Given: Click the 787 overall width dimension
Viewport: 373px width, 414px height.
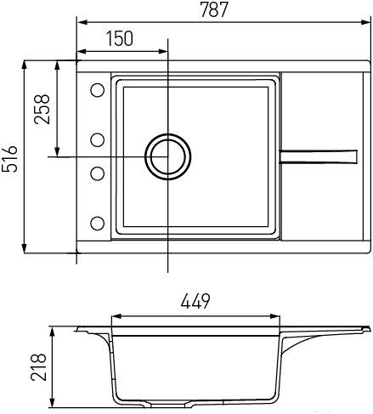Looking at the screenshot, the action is pyautogui.click(x=214, y=9).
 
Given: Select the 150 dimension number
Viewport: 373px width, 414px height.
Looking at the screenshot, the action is pyautogui.click(x=120, y=38).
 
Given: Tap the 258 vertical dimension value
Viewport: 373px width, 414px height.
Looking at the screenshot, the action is pyautogui.click(x=42, y=109).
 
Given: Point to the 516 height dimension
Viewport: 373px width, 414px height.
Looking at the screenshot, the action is pyautogui.click(x=9, y=159).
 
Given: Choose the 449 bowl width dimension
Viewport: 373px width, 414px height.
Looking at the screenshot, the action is pyautogui.click(x=195, y=301).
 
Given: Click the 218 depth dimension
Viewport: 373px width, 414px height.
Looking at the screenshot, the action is pyautogui.click(x=38, y=367).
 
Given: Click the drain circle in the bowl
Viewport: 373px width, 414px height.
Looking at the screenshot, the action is pyautogui.click(x=167, y=156).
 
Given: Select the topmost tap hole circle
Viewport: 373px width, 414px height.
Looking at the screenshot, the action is pyautogui.click(x=98, y=90).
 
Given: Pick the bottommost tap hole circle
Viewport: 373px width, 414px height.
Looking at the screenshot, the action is pyautogui.click(x=98, y=224).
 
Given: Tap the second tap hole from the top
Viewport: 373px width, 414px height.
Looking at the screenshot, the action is pyautogui.click(x=98, y=140).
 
